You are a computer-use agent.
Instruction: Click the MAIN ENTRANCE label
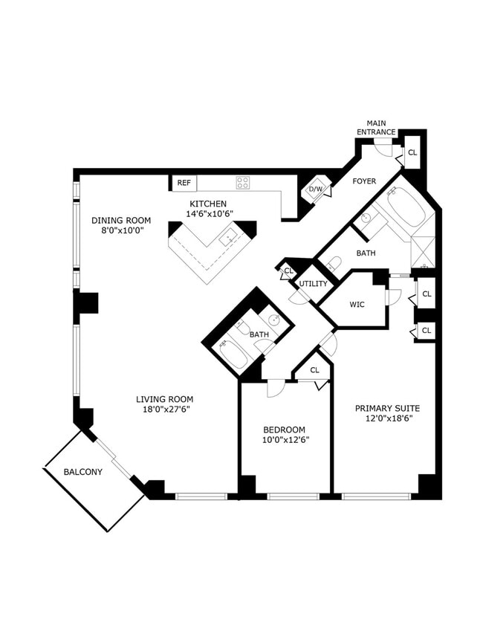click(376, 127)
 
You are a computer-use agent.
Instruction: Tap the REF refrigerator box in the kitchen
click(184, 183)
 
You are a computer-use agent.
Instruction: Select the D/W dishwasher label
click(316, 190)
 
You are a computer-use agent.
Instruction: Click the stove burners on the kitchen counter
click(243, 182)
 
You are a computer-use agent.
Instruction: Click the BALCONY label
click(82, 472)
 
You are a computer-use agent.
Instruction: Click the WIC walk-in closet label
click(356, 304)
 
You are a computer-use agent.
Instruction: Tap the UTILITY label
click(313, 284)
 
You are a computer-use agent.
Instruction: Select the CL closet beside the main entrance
click(413, 152)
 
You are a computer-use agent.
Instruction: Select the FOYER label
click(364, 181)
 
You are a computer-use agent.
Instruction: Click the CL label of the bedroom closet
click(314, 369)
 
